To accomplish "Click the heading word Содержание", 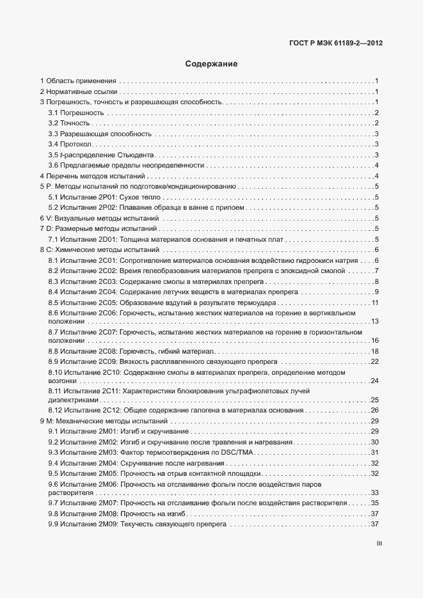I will coord(211,64).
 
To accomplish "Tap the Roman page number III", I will coord(378,544).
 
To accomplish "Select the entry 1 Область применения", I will coord(78,81).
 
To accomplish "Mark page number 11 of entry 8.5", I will coord(376,303).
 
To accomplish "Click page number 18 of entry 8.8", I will coord(376,351).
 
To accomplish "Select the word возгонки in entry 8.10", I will coord(63,381).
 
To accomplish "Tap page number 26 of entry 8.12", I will coord(376,410).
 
